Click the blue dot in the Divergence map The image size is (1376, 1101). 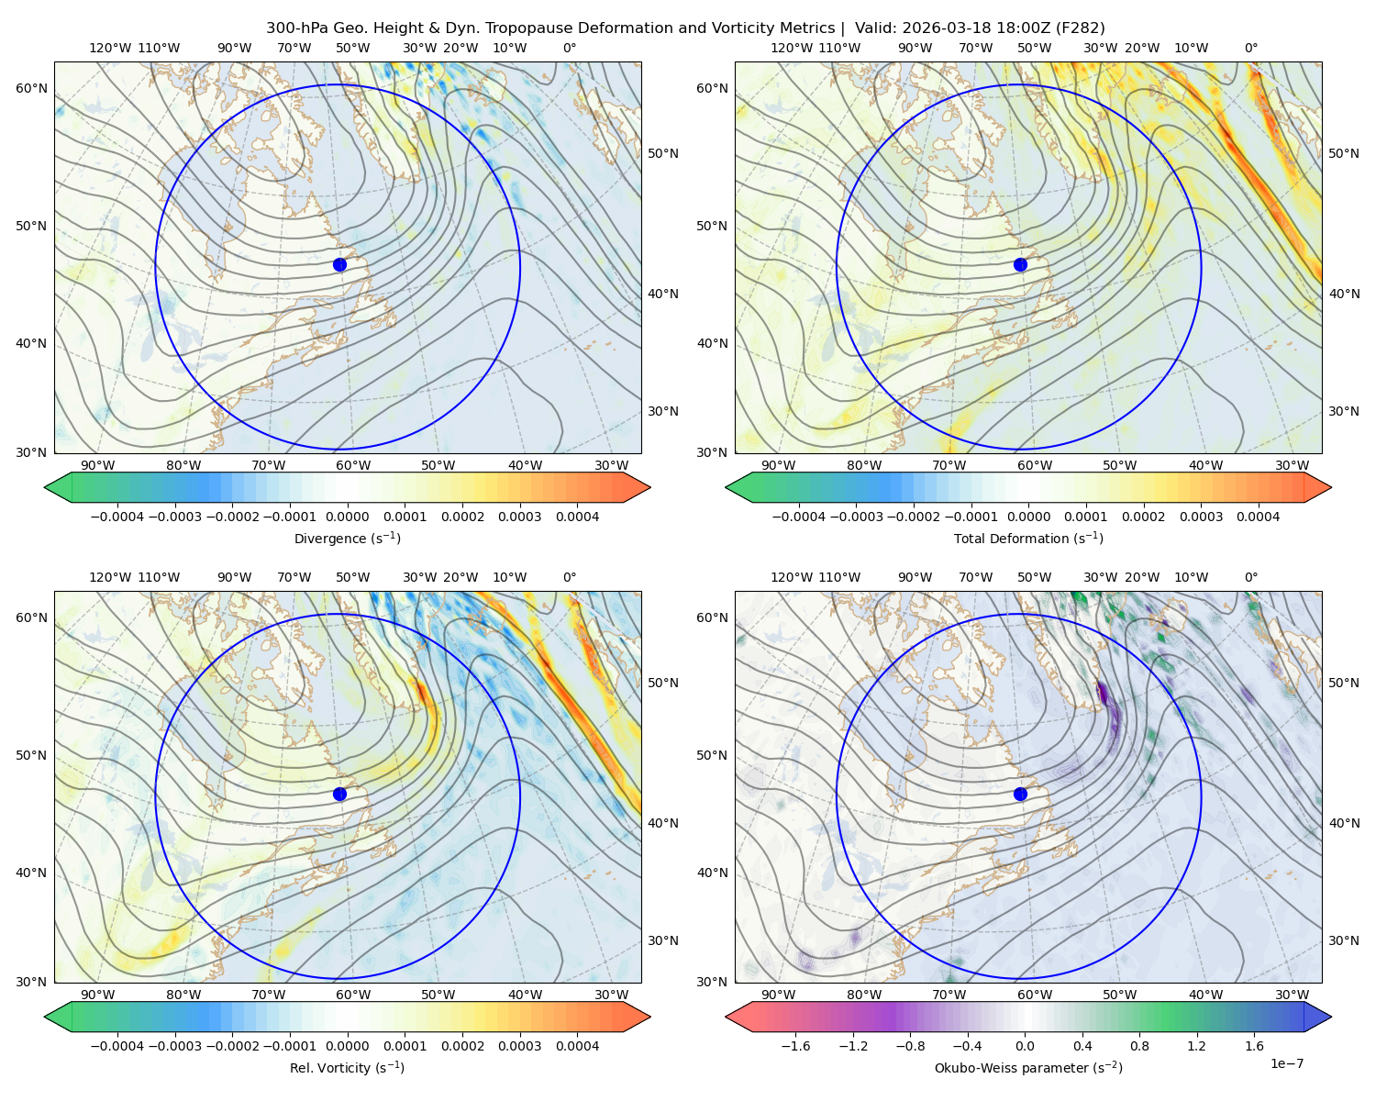339,264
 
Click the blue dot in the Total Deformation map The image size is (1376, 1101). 1020,264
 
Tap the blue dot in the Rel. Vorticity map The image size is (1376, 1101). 339,794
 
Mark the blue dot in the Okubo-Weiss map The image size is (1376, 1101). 1020,794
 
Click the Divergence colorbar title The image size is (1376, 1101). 347,538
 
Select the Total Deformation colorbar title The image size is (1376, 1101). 1028,538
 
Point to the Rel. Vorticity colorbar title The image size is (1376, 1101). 347,1067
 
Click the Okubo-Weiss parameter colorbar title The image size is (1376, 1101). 1028,1067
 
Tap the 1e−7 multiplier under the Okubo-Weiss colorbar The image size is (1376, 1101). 1286,1063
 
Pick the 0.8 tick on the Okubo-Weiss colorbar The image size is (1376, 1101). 1139,1045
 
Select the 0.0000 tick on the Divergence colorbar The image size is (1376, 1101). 347,517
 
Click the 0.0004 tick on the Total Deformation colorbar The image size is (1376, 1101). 1258,517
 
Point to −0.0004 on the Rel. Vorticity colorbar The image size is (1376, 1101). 117,1045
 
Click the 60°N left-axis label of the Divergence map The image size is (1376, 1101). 31,88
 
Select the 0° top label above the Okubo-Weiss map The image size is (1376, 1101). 1250,577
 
